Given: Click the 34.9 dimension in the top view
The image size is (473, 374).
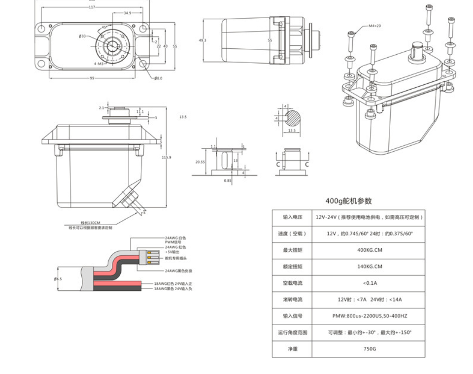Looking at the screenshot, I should click(x=127, y=13).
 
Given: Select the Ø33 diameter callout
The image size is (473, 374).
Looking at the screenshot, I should click(x=82, y=36).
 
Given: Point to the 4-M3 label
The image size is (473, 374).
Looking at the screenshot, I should click(x=99, y=64).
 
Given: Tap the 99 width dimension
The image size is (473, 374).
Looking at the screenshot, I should click(x=92, y=78).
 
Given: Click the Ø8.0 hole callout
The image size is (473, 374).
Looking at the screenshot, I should click(x=158, y=78).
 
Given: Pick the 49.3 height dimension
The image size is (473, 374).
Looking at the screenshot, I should click(x=202, y=40).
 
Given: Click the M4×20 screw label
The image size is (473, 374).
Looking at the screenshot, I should click(x=374, y=26).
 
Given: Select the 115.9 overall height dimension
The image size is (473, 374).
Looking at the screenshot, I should click(x=167, y=157).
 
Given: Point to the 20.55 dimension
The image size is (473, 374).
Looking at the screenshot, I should click(x=200, y=162).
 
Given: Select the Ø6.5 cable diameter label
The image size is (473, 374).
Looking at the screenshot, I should click(x=59, y=279).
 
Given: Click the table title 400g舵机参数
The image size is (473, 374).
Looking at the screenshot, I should click(x=348, y=201).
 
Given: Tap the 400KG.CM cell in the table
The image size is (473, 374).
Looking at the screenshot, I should click(x=370, y=250).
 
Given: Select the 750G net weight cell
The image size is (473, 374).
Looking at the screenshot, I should click(x=370, y=349).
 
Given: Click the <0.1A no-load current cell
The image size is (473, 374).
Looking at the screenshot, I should click(x=370, y=283).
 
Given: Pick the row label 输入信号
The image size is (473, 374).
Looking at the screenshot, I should click(x=293, y=316).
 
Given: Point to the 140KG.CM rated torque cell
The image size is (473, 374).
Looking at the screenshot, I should click(x=370, y=267).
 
